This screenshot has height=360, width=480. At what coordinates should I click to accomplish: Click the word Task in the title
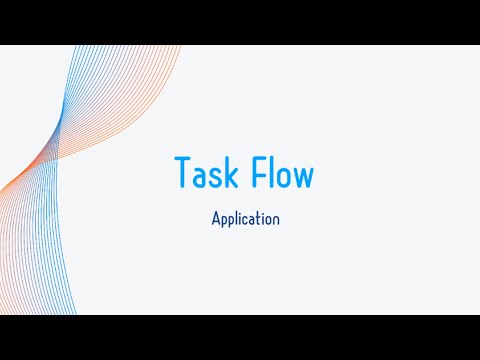206,171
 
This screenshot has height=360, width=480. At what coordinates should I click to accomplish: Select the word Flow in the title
283,171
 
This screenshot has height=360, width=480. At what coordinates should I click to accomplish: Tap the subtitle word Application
246,219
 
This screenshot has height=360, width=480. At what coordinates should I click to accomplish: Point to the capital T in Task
182,171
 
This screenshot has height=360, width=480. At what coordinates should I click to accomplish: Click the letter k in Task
232,171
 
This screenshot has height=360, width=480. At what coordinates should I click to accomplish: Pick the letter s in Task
217,177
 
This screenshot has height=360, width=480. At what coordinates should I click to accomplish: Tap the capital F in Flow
259,171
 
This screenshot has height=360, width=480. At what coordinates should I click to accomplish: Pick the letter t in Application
261,219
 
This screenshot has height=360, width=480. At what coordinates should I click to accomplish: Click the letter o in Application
269,220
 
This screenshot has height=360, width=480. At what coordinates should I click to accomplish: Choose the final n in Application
277,220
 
